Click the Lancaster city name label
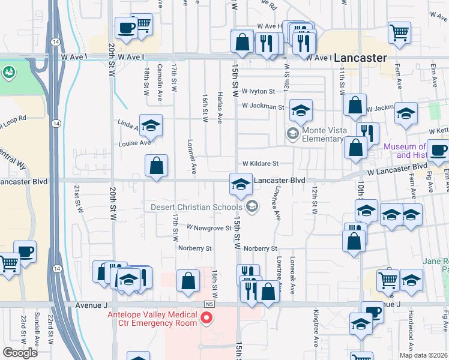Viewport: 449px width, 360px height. click(x=360, y=58)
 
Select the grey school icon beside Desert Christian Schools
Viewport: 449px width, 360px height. click(x=253, y=207)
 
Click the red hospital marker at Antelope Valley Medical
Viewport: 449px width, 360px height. click(x=207, y=317)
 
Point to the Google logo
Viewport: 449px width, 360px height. click(x=20, y=352)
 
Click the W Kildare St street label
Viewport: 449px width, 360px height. click(x=261, y=163)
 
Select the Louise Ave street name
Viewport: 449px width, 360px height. click(x=134, y=143)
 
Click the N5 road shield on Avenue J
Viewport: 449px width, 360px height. click(x=209, y=304)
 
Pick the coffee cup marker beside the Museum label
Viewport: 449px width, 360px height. click(x=438, y=152)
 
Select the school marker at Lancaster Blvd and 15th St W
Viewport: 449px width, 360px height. click(x=241, y=184)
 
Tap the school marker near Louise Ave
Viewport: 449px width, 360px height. click(x=151, y=125)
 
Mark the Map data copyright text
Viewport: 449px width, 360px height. click(x=423, y=355)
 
